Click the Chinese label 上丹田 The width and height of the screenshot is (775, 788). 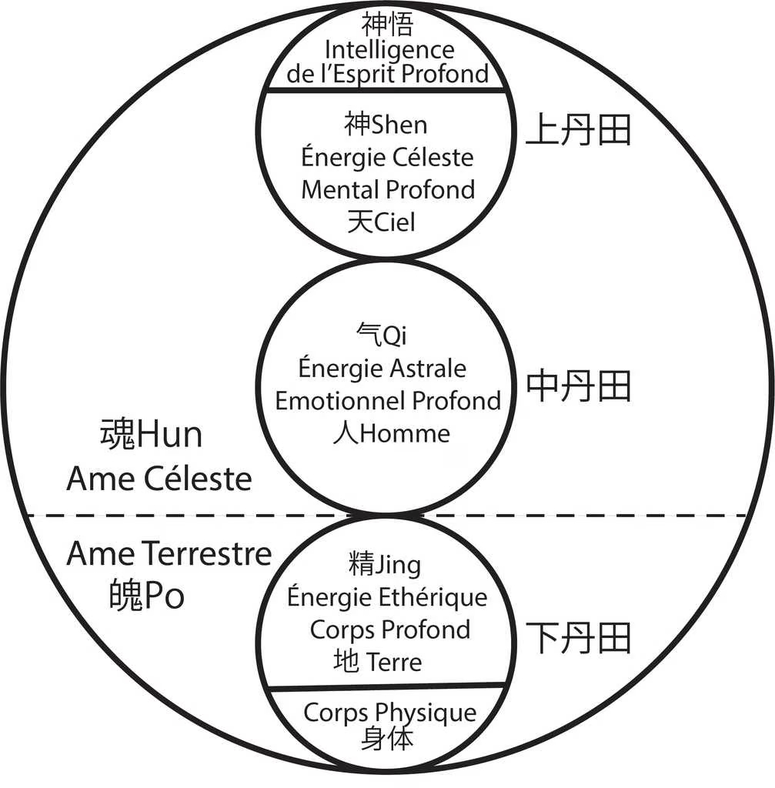pyautogui.click(x=578, y=131)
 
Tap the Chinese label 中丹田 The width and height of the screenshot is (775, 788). pyautogui.click(x=578, y=386)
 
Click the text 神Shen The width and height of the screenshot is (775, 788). pyautogui.click(x=386, y=124)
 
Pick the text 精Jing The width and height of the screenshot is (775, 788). pyautogui.click(x=384, y=566)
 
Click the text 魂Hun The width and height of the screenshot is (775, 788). pyautogui.click(x=151, y=435)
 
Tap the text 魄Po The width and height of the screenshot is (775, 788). pyautogui.click(x=147, y=596)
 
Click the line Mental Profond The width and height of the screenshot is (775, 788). pyautogui.click(x=387, y=189)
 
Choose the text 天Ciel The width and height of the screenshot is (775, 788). pyautogui.click(x=381, y=222)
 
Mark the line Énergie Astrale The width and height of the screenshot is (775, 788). pyautogui.click(x=382, y=368)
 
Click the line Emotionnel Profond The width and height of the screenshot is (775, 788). pyautogui.click(x=387, y=400)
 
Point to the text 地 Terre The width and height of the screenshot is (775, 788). pyautogui.click(x=378, y=661)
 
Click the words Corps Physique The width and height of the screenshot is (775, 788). pyautogui.click(x=389, y=713)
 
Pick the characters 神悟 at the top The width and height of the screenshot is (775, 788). pyautogui.click(x=389, y=26)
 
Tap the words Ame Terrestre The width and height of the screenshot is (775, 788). pyautogui.click(x=169, y=554)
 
